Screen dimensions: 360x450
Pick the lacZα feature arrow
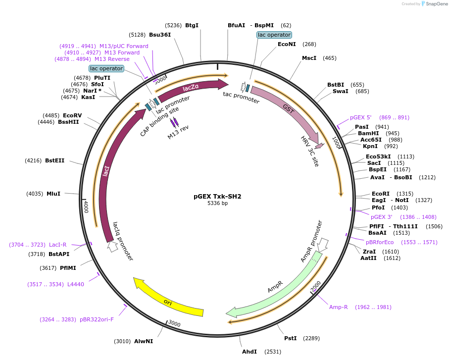pyautogui.click(x=191, y=88)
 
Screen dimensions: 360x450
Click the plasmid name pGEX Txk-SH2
pyautogui.click(x=217, y=196)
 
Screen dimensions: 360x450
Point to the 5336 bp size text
pyautogui.click(x=217, y=203)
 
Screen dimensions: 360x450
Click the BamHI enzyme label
pyautogui.click(x=368, y=133)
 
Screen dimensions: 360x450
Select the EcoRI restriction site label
pyautogui.click(x=381, y=194)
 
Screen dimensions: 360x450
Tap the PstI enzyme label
pyautogui.click(x=290, y=338)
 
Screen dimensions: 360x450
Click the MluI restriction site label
pyautogui.click(x=53, y=194)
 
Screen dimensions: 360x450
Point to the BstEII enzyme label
pyautogui.click(x=54, y=160)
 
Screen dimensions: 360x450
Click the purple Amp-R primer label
pyautogui.click(x=339, y=307)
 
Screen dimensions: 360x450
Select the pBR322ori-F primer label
pyautogui.click(x=97, y=319)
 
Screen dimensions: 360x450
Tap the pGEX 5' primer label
pyautogui.click(x=360, y=117)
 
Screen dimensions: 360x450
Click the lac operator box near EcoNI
pyautogui.click(x=274, y=35)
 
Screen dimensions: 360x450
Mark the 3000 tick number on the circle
pyautogui.click(x=174, y=323)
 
